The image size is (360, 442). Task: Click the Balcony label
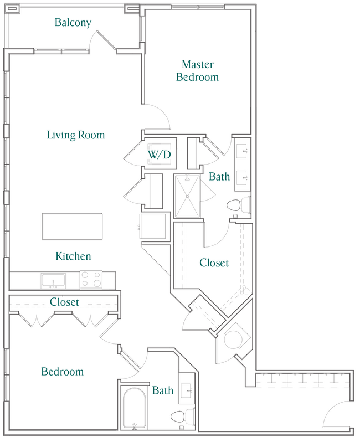click(73, 23)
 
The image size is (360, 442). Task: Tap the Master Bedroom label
click(197, 70)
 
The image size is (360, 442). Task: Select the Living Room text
click(75, 135)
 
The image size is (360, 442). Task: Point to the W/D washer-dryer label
click(158, 155)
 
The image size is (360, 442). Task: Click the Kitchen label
click(73, 256)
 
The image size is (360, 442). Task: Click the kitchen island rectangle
click(72, 225)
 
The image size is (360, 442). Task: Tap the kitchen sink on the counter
click(53, 281)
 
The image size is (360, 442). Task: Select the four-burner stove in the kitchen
click(91, 280)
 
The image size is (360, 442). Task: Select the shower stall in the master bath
click(187, 196)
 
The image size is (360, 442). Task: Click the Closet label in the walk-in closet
click(214, 263)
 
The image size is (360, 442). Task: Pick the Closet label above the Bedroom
click(64, 302)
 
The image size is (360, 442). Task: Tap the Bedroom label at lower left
click(63, 372)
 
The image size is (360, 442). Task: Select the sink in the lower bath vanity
click(188, 390)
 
